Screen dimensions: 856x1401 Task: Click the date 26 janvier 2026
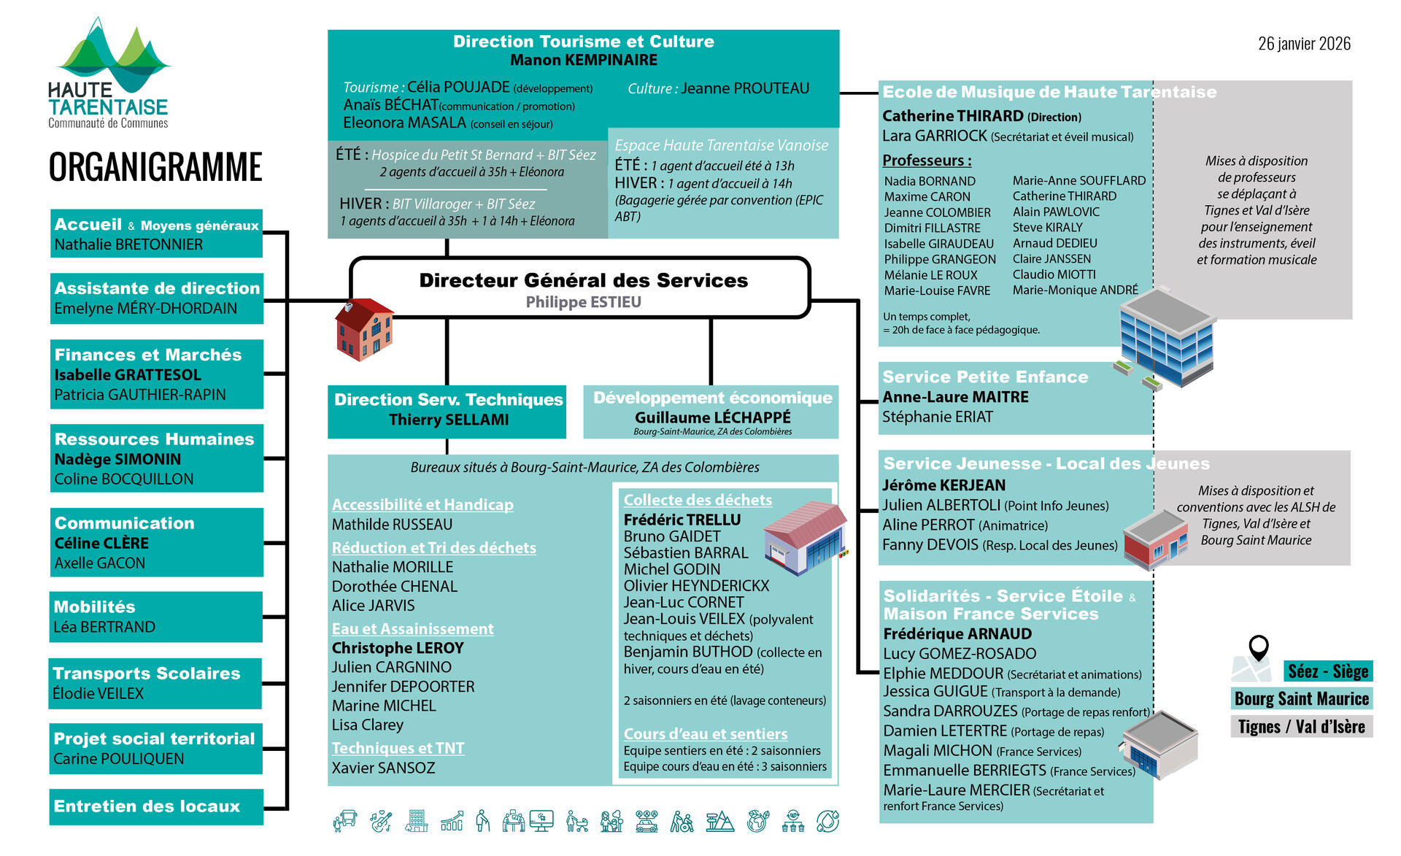pos(1304,44)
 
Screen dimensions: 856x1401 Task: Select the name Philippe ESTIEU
pos(583,302)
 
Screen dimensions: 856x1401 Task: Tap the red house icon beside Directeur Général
pos(363,330)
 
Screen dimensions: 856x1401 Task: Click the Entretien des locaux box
pos(156,806)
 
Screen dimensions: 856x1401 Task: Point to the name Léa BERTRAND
pos(104,627)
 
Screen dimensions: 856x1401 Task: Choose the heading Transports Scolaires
pos(147,673)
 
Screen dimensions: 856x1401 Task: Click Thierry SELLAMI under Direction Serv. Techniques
pos(448,420)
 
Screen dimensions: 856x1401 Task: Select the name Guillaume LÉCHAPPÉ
pos(712,417)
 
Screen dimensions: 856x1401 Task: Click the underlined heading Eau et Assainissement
pos(412,628)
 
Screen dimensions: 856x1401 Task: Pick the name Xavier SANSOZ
pos(383,768)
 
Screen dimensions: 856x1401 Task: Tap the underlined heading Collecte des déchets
pos(697,500)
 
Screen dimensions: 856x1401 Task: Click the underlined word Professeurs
pos(926,161)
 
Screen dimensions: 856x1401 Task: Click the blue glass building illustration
pos(1166,336)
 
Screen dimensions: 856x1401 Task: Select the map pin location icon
pos(1258,647)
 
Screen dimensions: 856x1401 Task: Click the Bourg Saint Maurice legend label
pos(1301,698)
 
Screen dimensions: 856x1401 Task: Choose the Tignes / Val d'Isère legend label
pos(1301,727)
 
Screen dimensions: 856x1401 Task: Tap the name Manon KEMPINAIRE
pos(583,60)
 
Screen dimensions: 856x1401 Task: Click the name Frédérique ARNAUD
pos(957,633)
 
